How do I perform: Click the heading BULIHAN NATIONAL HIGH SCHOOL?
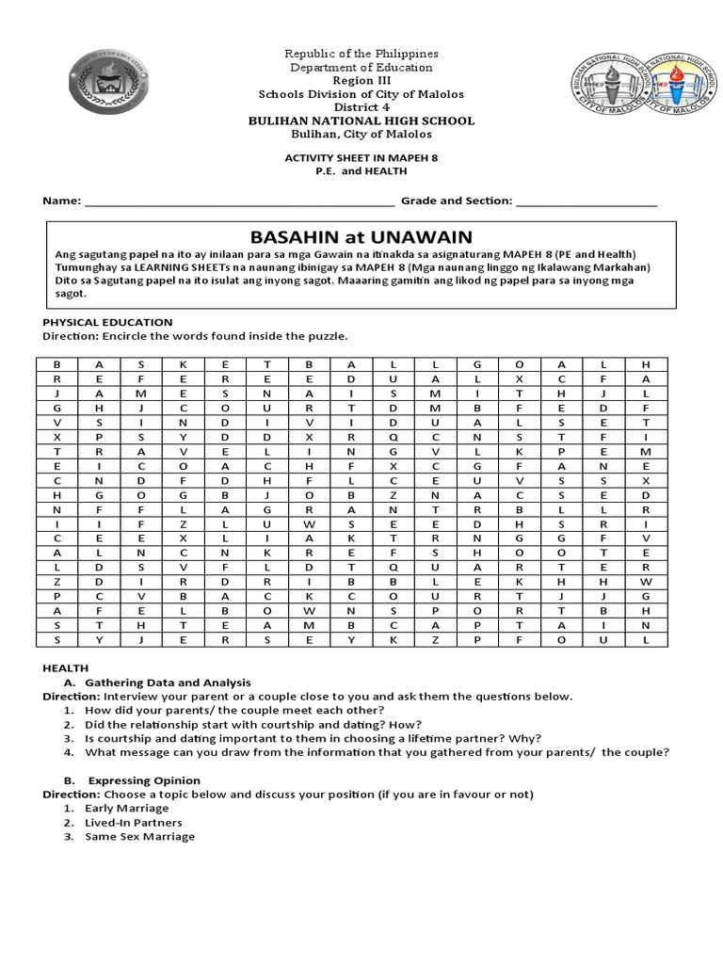[x=361, y=121]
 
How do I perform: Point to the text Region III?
[x=361, y=81]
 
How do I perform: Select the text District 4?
[x=361, y=107]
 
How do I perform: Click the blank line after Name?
[x=240, y=201]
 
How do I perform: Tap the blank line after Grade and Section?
[x=586, y=201]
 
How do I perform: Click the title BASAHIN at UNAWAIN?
[x=361, y=236]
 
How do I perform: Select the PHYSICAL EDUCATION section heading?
[x=106, y=322]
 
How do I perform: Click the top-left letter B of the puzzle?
[x=56, y=363]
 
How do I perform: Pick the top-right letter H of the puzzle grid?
[x=646, y=363]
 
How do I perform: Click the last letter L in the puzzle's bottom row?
[x=646, y=639]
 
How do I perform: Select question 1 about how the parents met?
[x=233, y=709]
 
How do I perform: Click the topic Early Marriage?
[x=126, y=808]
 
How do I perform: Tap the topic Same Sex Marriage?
[x=139, y=836]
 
